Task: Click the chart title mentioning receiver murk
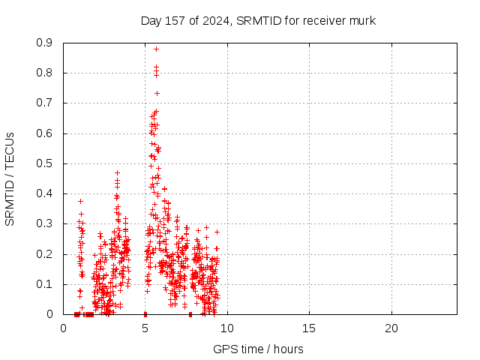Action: [258, 20]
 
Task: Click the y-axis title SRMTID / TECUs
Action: [10, 178]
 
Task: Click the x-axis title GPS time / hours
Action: [258, 349]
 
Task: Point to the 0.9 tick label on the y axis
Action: [44, 43]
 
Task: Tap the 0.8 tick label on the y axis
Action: [44, 73]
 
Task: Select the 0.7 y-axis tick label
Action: [44, 103]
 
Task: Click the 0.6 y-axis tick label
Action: [44, 133]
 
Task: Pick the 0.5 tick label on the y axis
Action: [44, 163]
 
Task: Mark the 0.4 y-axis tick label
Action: [44, 193]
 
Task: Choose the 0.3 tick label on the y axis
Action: [44, 223]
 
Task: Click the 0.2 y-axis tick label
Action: [44, 254]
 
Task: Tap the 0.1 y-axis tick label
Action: [44, 284]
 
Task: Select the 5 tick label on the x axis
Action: [145, 328]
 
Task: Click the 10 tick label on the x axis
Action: [227, 328]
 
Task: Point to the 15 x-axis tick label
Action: [309, 328]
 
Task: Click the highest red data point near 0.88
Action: [156, 49]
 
